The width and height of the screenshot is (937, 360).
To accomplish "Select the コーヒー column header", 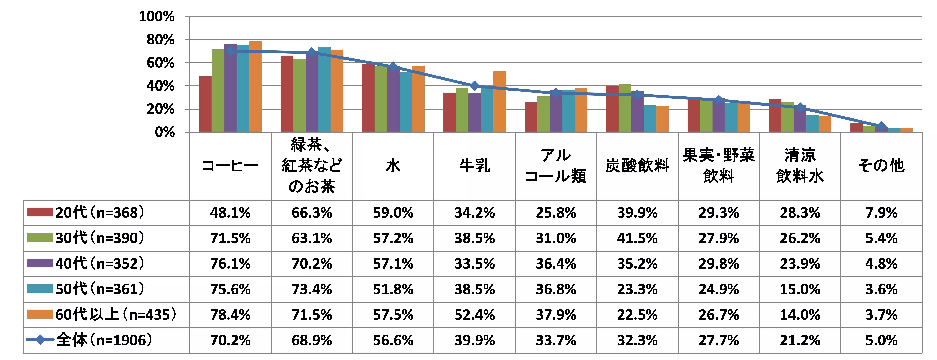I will click(x=230, y=166).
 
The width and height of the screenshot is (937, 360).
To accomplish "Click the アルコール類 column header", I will click(x=556, y=166).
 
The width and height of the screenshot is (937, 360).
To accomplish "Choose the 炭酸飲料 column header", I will click(x=637, y=166).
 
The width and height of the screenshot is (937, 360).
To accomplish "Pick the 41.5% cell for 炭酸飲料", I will click(x=637, y=238).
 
